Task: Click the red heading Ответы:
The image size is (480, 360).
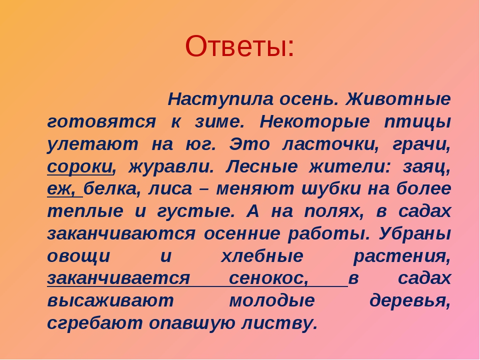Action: pos(239,46)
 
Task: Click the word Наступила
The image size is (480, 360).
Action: pos(220,99)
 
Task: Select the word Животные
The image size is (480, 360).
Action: pos(398,99)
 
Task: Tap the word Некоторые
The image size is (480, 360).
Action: pos(314,122)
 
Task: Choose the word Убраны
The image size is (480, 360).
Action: pos(415,234)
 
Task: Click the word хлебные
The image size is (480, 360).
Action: pos(262,256)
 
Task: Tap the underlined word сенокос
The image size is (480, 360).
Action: pos(269,279)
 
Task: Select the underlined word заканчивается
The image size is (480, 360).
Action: pos(118,279)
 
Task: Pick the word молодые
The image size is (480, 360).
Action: pos(272,301)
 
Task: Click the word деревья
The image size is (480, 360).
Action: pos(410,301)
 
